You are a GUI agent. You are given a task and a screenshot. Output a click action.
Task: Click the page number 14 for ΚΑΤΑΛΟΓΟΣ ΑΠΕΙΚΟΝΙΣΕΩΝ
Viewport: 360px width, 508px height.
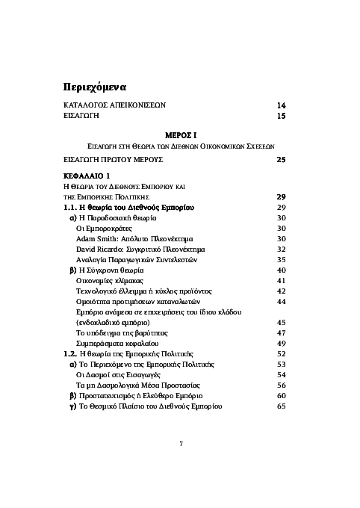click(x=281, y=105)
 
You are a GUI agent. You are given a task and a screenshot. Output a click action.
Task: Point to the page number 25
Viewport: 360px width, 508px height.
click(x=281, y=160)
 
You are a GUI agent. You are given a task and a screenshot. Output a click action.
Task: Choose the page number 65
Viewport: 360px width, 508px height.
click(x=282, y=406)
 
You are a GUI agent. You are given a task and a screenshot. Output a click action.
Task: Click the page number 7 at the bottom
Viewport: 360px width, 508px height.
click(x=180, y=444)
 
